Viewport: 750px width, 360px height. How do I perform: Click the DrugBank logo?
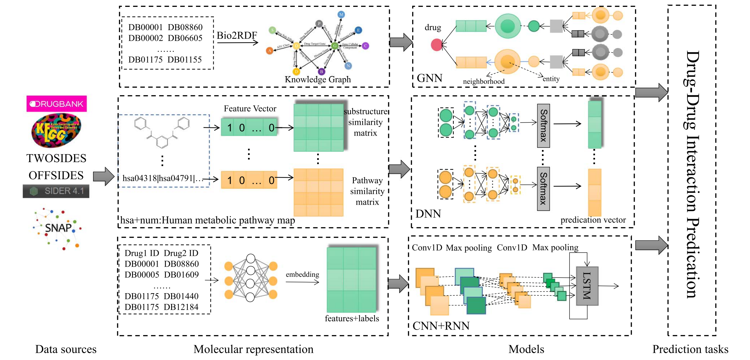point(56,104)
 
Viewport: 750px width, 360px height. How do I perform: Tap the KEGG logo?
point(56,130)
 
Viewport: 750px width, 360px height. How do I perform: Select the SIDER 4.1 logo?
point(56,191)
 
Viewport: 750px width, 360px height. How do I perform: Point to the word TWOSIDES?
point(56,159)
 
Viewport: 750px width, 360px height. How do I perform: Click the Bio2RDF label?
point(237,35)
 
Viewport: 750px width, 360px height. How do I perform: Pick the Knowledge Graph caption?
point(317,80)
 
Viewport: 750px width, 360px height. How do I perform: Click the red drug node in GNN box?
point(436,45)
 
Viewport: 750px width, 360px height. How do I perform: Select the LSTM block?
point(587,286)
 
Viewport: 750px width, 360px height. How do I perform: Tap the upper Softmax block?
point(543,126)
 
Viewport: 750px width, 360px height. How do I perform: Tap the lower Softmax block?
point(543,189)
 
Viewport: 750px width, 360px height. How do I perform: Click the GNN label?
point(430,78)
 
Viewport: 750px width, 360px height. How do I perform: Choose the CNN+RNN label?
point(441,326)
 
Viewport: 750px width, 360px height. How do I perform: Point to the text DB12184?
point(181,307)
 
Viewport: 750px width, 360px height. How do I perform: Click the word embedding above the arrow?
point(302,275)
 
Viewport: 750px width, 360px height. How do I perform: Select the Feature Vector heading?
point(250,109)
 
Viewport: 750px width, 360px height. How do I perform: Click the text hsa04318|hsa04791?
point(159,178)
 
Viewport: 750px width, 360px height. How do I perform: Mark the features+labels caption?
point(352,318)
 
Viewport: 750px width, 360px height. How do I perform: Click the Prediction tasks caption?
point(690,349)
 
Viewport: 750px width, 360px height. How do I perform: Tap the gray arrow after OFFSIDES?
point(104,177)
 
